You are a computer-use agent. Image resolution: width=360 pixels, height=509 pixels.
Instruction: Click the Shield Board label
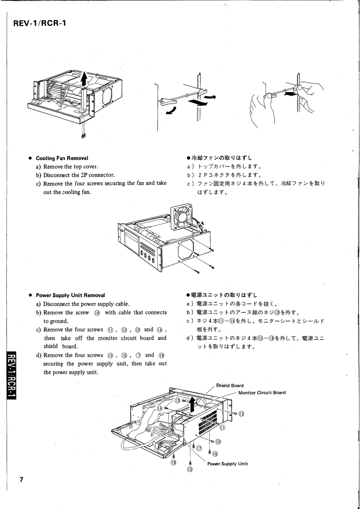point(231,386)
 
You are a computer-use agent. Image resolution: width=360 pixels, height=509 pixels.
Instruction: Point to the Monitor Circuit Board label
point(262,392)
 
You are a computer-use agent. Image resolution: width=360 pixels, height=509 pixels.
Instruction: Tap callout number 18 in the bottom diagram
point(173,462)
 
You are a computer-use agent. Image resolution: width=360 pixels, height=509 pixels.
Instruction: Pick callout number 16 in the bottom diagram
point(215,453)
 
